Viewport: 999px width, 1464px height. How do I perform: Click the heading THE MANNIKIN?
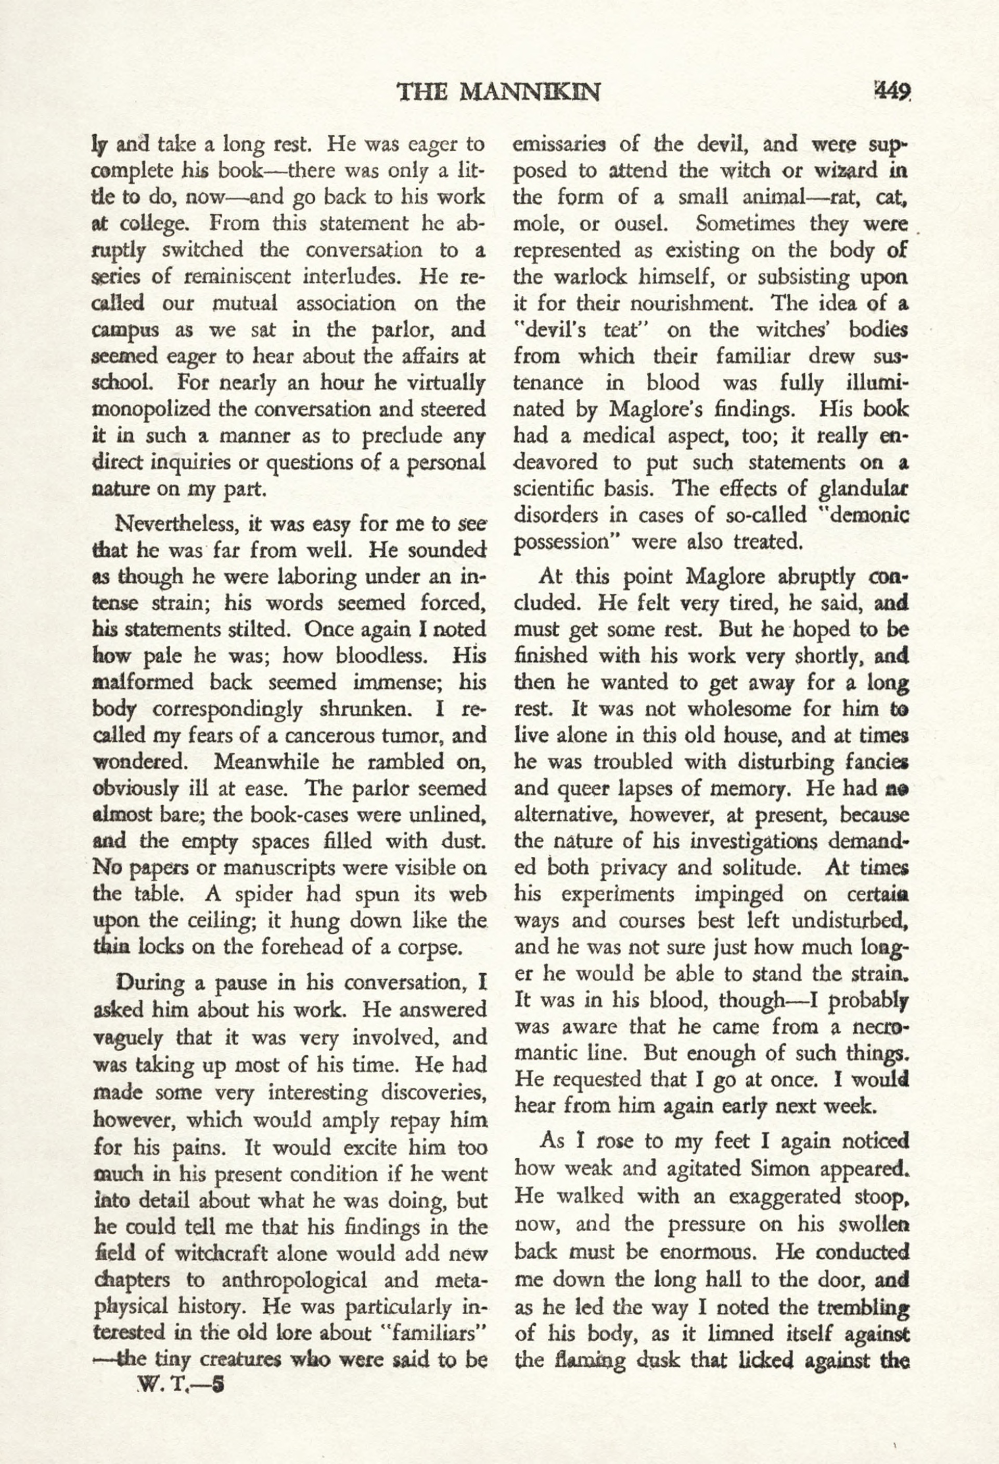click(x=498, y=93)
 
